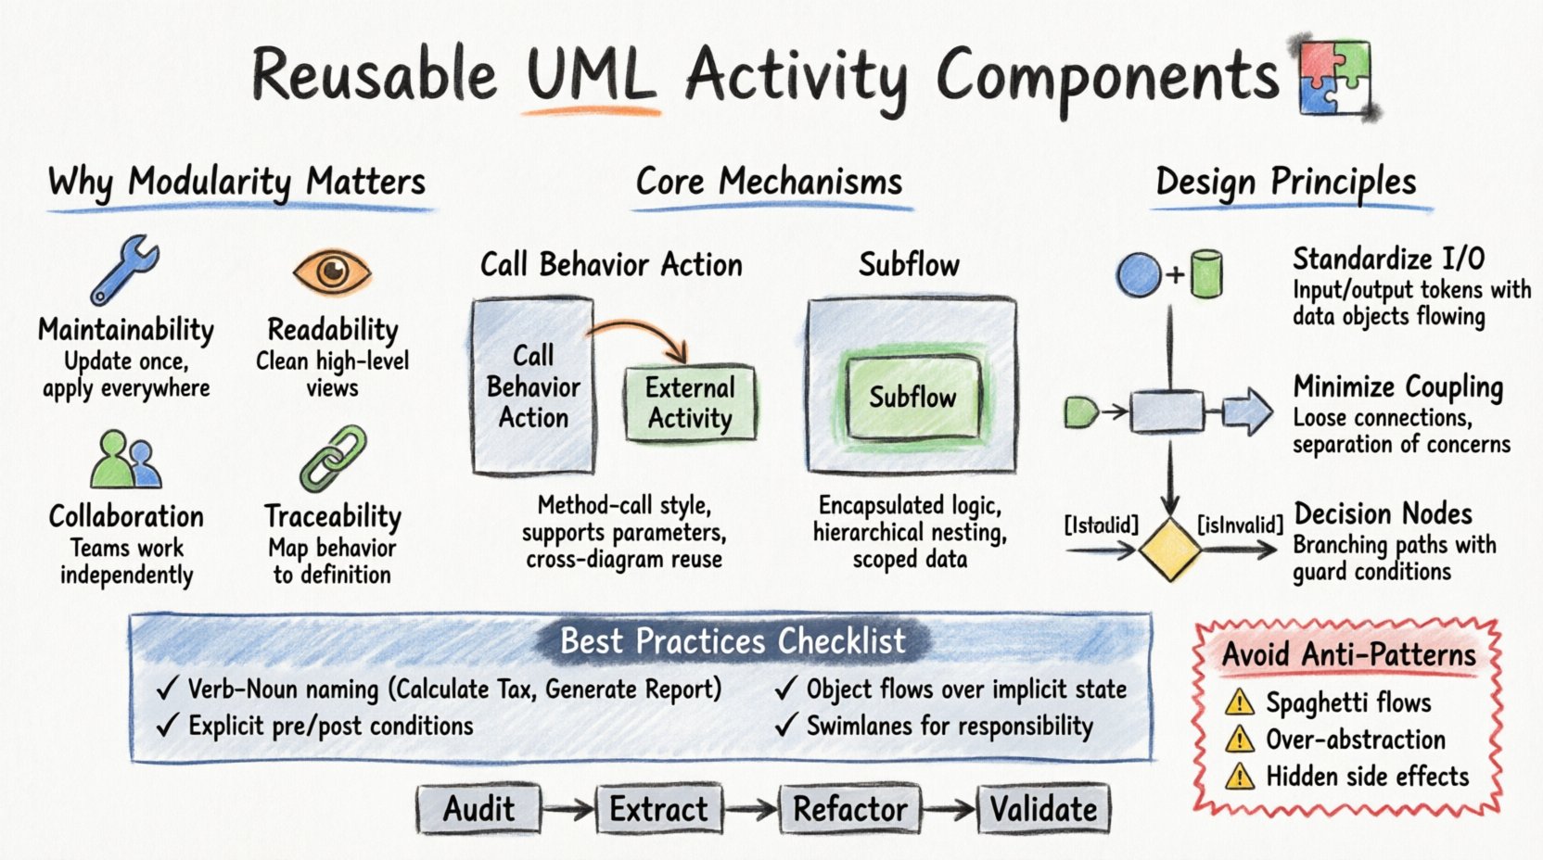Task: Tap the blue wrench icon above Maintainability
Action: coord(125,270)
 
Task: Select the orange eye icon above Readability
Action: coord(332,272)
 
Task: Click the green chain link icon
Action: coord(333,459)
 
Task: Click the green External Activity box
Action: coord(690,403)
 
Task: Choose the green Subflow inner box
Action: coord(912,398)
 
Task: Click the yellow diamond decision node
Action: coord(1169,550)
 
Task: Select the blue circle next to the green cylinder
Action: coord(1139,275)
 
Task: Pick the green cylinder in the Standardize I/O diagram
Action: coord(1205,274)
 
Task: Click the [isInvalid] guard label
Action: coord(1240,525)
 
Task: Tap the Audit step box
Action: coord(478,809)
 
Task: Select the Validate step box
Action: coord(1043,809)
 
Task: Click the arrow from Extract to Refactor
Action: coord(751,810)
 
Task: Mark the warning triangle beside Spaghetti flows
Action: coord(1240,703)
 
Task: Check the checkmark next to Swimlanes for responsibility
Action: coord(785,726)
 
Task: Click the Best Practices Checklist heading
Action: coord(733,641)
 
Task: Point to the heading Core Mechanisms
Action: coord(769,182)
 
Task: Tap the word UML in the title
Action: coord(591,76)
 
